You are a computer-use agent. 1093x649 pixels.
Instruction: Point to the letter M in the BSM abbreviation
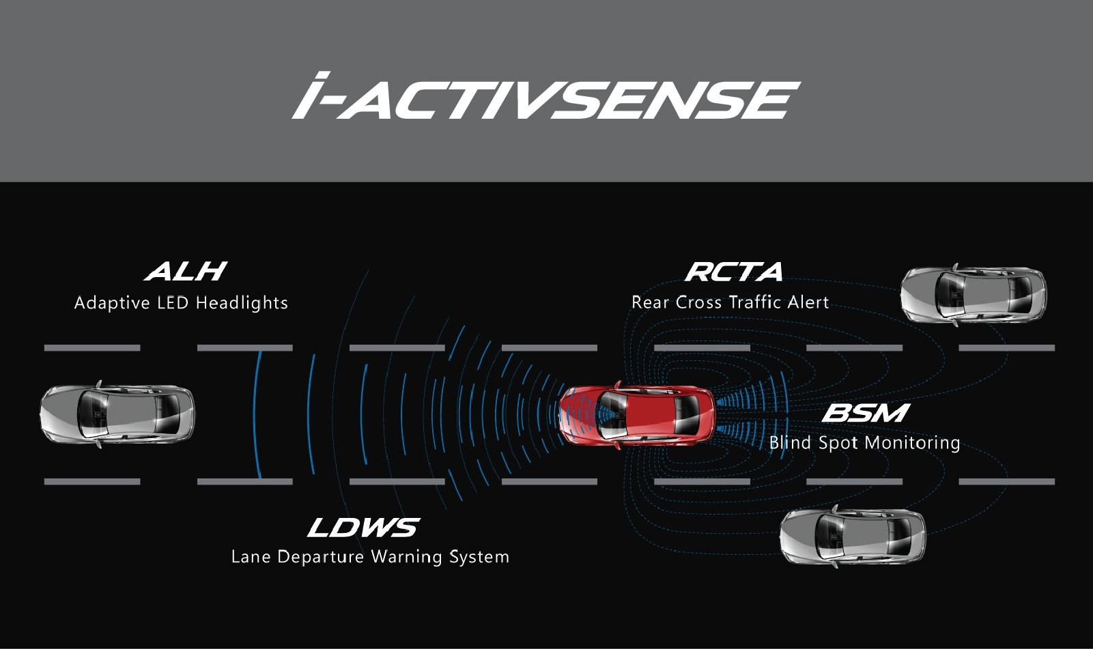pos(887,412)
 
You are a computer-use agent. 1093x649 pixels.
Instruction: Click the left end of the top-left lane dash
pos(44,347)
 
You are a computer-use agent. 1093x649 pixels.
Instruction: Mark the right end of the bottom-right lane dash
pos(1055,481)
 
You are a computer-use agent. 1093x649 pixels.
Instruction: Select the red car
pos(637,415)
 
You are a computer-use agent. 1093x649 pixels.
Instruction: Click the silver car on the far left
pos(117,414)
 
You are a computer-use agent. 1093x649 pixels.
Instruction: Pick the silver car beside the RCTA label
pos(974,295)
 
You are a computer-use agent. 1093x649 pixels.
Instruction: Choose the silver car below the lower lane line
pos(853,536)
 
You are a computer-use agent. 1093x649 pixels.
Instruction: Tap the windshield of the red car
pos(612,415)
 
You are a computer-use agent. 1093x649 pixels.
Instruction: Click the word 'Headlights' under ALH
pos(242,303)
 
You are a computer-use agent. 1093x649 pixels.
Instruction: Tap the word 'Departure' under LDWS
pos(320,556)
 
